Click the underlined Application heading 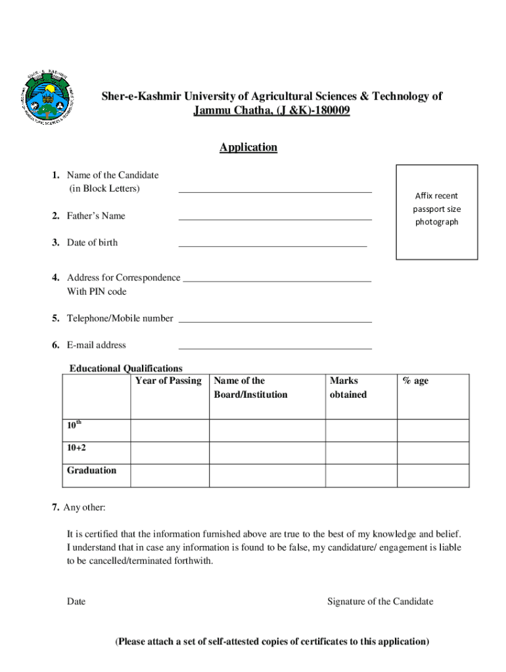248,148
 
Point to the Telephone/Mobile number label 120,318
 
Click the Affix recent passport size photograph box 436,212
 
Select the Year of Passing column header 168,381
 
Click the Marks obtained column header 348,388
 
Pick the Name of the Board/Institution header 250,388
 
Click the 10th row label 74,425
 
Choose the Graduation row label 91,471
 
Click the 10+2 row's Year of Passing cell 170,453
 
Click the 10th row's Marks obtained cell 361,430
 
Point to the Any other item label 83,507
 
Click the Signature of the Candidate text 380,602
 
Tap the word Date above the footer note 76,602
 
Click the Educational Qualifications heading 126,368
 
